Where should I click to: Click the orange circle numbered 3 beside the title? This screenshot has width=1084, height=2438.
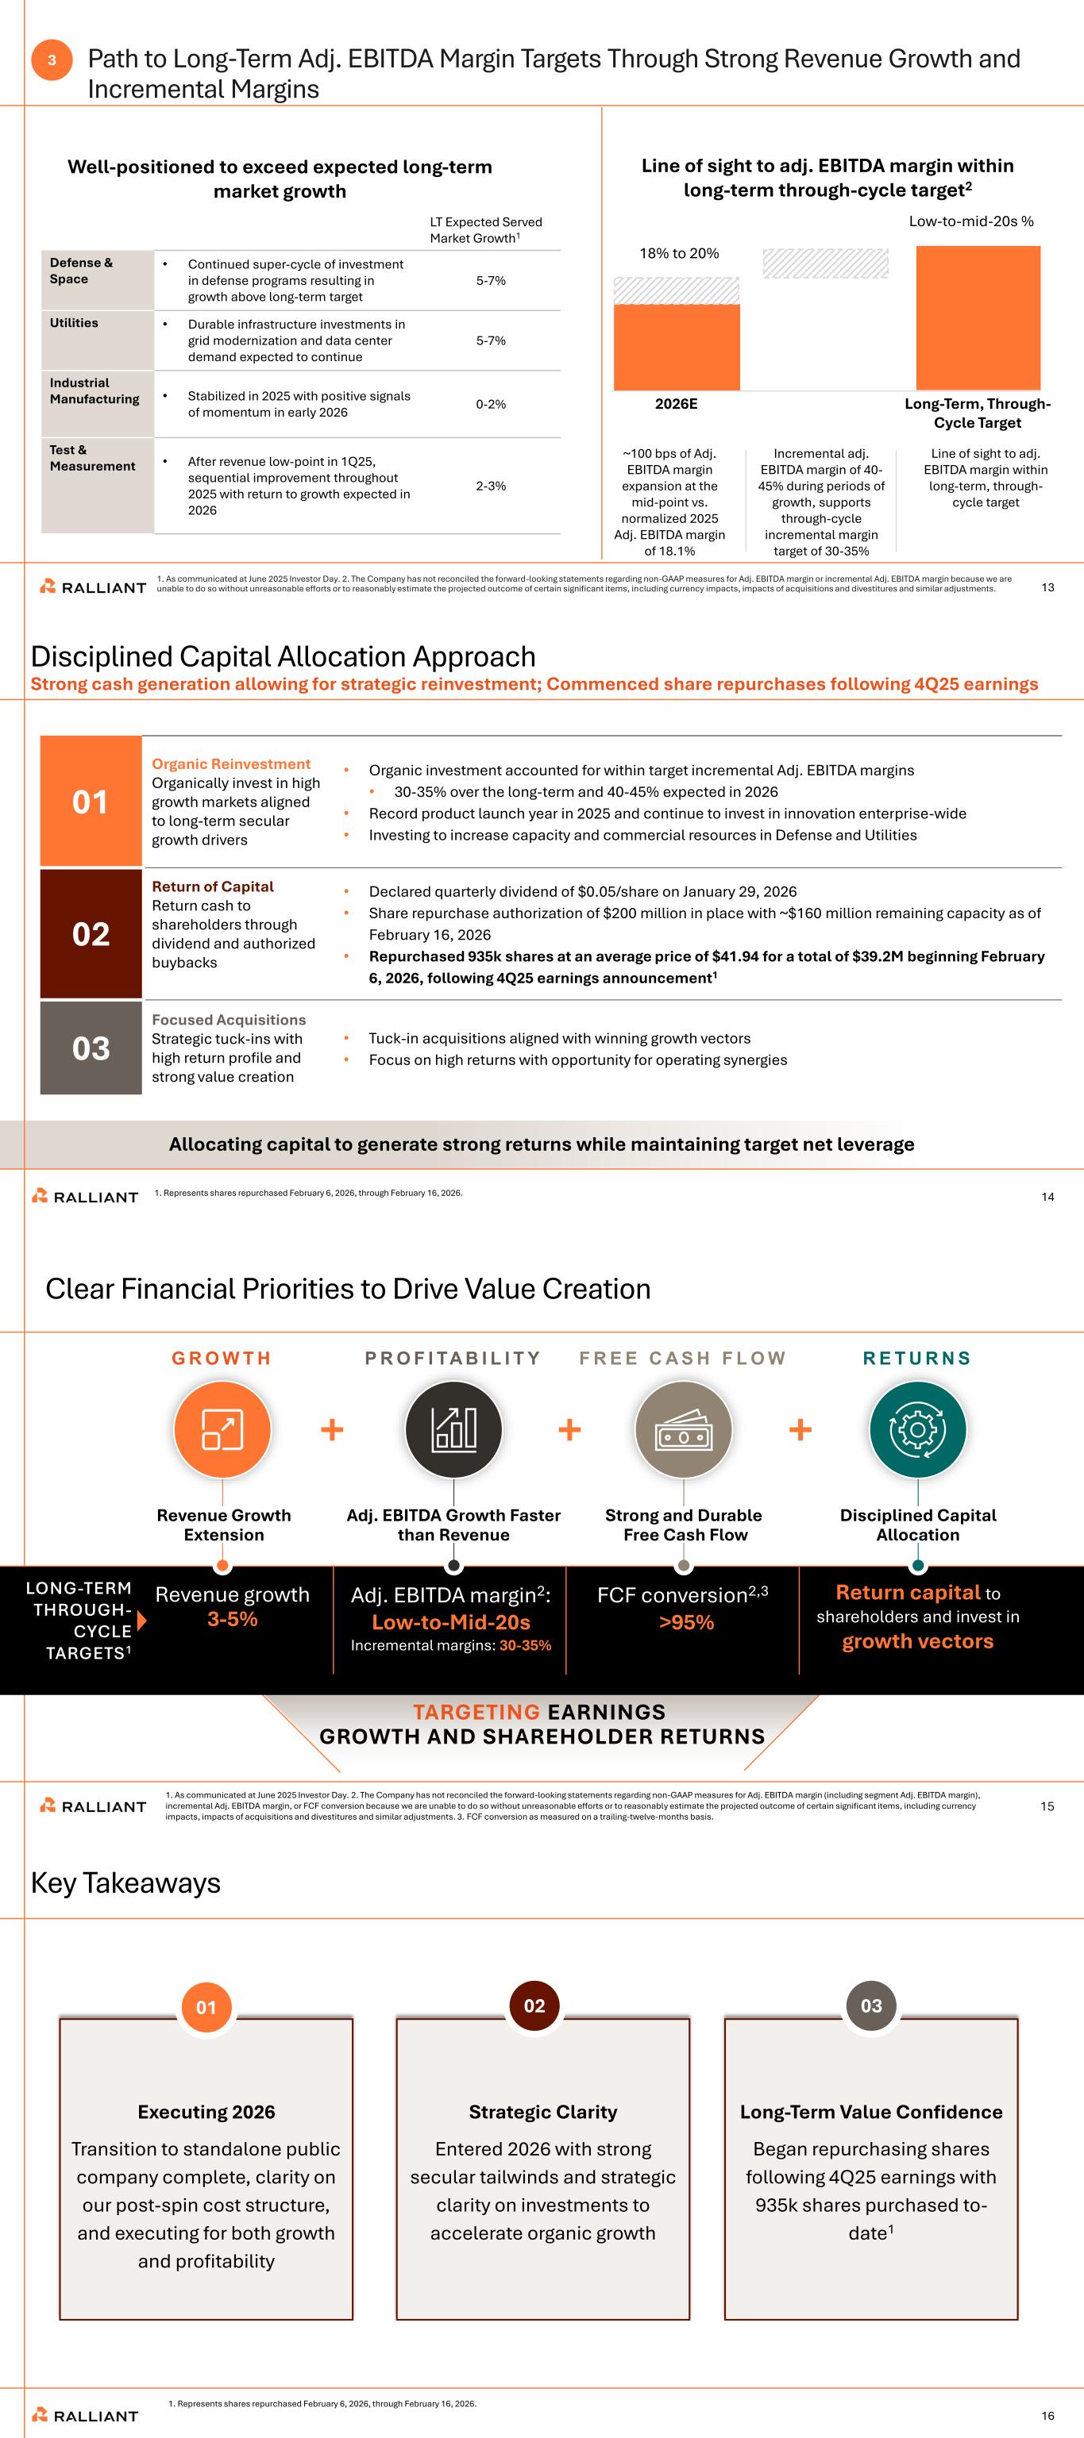[51, 60]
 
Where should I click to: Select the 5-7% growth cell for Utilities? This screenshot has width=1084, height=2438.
[491, 340]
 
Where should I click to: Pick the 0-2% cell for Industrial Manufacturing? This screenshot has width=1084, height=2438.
[491, 404]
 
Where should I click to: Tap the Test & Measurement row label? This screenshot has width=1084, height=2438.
[93, 458]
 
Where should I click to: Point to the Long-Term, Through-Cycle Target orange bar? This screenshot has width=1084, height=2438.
[977, 317]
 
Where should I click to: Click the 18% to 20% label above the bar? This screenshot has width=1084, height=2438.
[679, 254]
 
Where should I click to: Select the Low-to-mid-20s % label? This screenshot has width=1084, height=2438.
[970, 221]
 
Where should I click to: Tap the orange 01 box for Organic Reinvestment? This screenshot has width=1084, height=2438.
[91, 802]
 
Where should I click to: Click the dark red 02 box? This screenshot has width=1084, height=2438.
[91, 934]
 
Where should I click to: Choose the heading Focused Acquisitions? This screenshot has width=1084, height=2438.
[228, 1019]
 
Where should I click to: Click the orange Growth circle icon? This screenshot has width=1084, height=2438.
[222, 1429]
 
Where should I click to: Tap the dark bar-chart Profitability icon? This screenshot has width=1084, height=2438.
[453, 1429]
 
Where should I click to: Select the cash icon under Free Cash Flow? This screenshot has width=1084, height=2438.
[684, 1429]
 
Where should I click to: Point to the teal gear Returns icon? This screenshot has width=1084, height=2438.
[917, 1429]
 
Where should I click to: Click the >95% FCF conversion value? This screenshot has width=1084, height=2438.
[686, 1622]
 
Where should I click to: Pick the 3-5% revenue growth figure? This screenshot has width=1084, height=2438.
[232, 1619]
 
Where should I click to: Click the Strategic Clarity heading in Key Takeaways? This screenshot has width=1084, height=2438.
[542, 2112]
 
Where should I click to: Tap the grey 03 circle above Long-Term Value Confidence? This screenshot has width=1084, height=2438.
[871, 2005]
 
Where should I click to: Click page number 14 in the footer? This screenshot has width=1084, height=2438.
[1047, 1198]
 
